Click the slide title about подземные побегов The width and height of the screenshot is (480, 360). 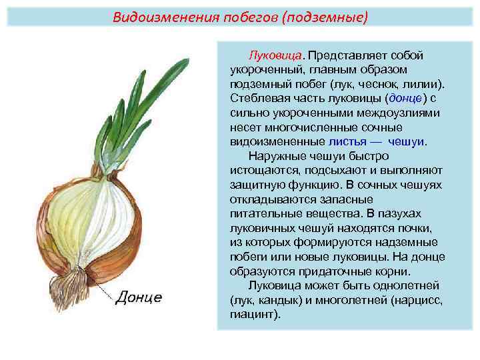pos(240,16)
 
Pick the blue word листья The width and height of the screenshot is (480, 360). pos(347,142)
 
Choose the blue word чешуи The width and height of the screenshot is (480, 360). pos(406,142)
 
